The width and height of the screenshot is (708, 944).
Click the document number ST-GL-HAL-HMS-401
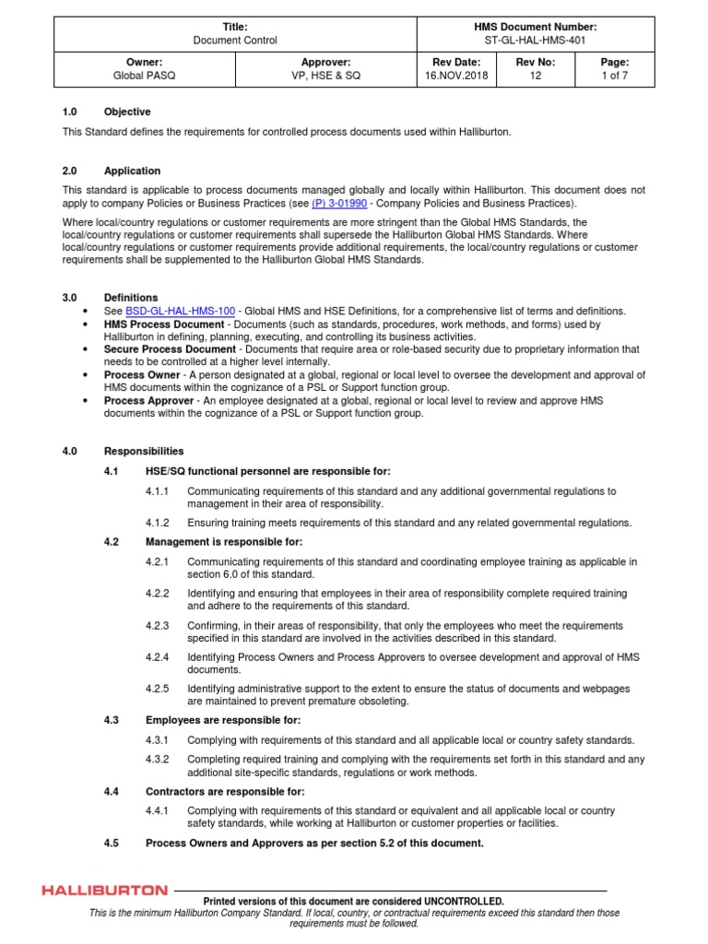(536, 41)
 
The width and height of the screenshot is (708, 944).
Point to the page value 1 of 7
(613, 76)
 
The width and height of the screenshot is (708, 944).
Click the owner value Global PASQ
(145, 76)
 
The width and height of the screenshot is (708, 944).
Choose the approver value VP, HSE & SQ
(326, 76)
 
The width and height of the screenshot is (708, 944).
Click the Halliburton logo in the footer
(105, 891)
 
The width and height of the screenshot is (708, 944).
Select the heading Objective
(127, 112)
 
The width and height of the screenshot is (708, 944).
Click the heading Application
(132, 171)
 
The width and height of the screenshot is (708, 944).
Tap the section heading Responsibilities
(144, 452)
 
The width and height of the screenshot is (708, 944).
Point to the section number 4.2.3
(158, 625)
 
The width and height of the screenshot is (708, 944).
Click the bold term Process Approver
(148, 401)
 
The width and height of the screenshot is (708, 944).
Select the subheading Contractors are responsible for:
(225, 792)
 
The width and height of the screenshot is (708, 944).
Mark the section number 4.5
(112, 844)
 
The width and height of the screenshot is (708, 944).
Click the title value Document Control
(235, 41)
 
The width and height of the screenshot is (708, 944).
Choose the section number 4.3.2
(158, 759)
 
